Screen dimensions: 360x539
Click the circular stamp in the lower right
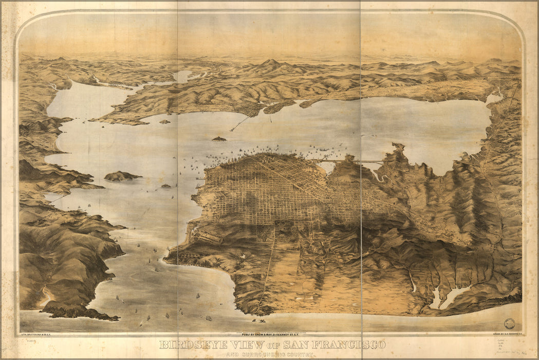pos(509,323)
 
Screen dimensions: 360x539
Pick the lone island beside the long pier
pos(219,138)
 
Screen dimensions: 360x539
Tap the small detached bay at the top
pos(182,76)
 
